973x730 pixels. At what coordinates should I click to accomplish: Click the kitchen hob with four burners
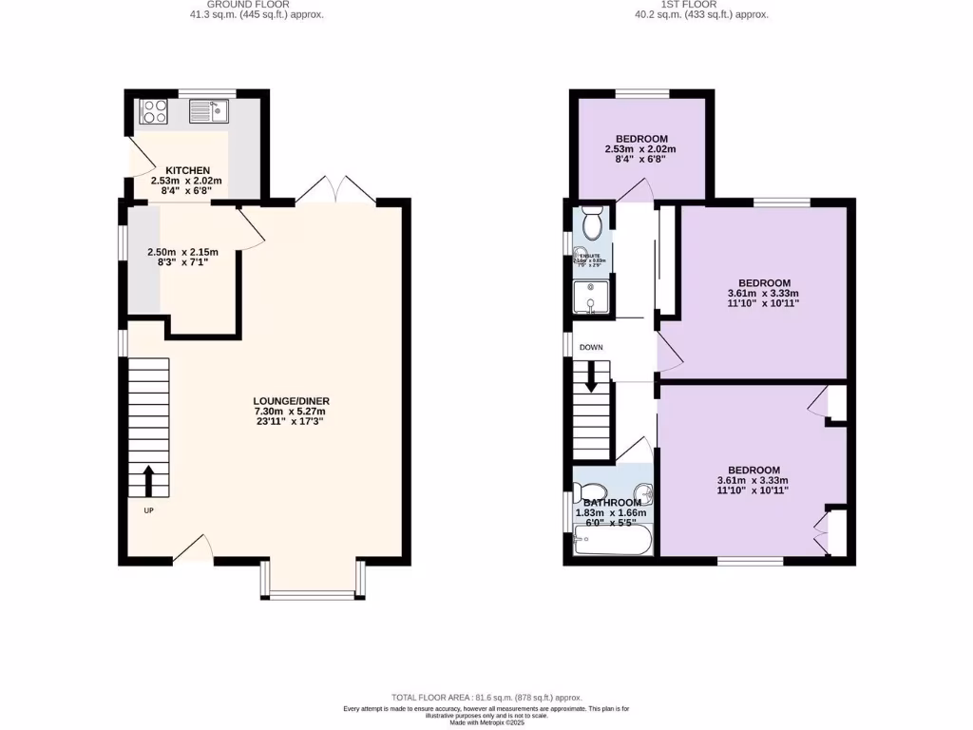[153, 113]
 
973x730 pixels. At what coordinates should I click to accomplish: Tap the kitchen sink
[208, 113]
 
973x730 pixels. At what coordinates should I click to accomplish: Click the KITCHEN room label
[187, 170]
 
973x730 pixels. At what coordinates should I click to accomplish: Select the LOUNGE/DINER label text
[291, 401]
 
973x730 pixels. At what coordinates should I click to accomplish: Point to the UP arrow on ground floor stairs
[148, 479]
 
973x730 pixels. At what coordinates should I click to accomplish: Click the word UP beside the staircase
[148, 510]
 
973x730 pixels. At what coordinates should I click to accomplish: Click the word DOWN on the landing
[591, 348]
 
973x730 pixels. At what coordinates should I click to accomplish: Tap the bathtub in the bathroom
[614, 542]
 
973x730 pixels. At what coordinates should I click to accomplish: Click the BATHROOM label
[612, 503]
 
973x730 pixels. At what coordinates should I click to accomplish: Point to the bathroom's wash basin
[644, 494]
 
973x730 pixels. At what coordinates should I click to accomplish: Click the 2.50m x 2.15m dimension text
[182, 252]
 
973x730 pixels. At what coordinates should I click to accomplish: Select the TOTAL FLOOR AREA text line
[486, 697]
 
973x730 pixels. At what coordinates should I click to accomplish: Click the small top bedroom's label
[641, 139]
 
